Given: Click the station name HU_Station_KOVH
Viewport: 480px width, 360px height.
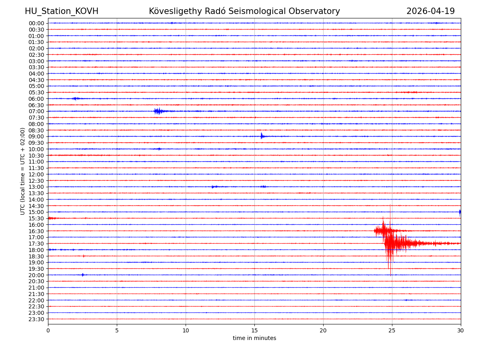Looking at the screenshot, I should [x=62, y=11].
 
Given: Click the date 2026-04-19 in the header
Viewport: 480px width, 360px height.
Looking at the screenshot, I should [x=430, y=11].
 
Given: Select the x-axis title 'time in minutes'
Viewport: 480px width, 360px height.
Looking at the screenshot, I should [x=254, y=338].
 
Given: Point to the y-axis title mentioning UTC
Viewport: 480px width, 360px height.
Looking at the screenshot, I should [x=23, y=171].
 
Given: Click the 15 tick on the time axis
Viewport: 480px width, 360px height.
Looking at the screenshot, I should [x=254, y=330].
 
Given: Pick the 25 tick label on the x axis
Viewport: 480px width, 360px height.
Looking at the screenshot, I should [x=392, y=330].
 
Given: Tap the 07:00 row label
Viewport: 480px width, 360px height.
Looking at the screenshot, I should [x=36, y=111].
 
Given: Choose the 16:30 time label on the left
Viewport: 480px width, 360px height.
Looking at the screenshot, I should [x=36, y=231].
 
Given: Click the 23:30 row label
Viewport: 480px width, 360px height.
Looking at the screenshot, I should [x=36, y=319].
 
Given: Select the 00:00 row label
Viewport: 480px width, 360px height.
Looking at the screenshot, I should [x=36, y=23].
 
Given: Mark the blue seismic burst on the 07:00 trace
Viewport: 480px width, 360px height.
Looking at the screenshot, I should [x=158, y=111].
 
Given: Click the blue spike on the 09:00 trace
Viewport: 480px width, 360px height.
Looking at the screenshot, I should [x=262, y=136].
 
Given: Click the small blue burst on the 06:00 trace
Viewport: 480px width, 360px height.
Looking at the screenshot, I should [x=75, y=98].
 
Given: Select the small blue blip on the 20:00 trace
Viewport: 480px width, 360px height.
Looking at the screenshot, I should [x=83, y=275].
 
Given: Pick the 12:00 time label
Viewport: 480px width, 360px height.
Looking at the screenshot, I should [x=36, y=174].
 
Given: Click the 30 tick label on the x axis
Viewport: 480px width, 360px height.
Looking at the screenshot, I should [x=461, y=330].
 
